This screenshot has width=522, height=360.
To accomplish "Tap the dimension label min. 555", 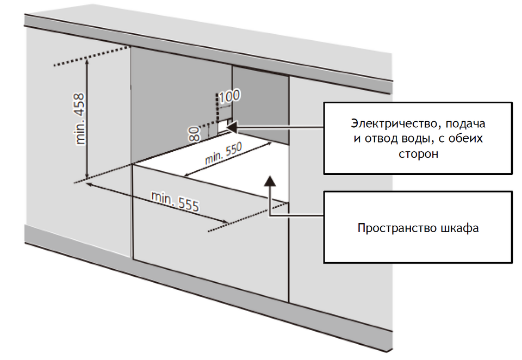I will pos(176,202).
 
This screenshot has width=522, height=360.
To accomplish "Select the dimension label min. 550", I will pos(223,153).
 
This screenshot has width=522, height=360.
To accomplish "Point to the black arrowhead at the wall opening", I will pos(231,127).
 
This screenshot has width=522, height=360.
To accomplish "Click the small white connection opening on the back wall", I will pos(223,126).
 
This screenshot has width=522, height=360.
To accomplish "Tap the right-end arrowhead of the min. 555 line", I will pos(224,221).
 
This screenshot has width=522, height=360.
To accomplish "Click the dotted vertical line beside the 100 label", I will pos(217,106).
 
